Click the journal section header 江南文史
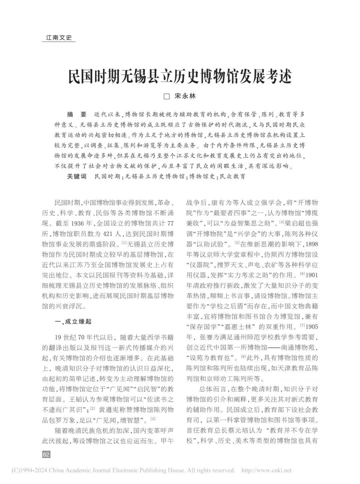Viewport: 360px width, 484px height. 59,38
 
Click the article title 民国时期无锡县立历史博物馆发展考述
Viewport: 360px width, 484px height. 180,76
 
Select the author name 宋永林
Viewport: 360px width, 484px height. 185,96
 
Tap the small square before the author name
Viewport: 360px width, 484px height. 166,96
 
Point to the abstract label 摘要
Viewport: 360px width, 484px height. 77,114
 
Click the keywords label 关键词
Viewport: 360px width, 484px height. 77,176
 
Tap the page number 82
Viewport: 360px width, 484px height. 46,454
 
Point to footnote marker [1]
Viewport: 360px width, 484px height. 123,242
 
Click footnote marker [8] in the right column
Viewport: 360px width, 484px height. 244,356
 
